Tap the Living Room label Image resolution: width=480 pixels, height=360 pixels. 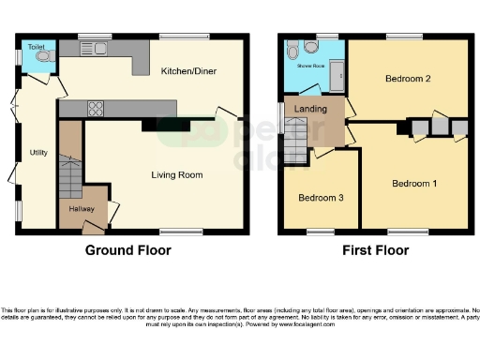[177, 174]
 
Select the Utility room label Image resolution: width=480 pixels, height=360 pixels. [38, 152]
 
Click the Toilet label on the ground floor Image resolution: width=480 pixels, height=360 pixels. [36, 46]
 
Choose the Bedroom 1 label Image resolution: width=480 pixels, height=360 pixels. [414, 183]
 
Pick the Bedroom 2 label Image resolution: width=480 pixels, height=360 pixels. [408, 79]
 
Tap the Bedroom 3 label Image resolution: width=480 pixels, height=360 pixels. [321, 198]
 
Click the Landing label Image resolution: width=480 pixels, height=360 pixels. [311, 109]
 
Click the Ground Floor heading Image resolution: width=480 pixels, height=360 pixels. [128, 250]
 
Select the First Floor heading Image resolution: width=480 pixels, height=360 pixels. [375, 250]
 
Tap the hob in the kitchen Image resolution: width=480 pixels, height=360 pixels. [96, 108]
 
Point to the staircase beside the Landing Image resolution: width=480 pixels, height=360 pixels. [295, 142]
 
